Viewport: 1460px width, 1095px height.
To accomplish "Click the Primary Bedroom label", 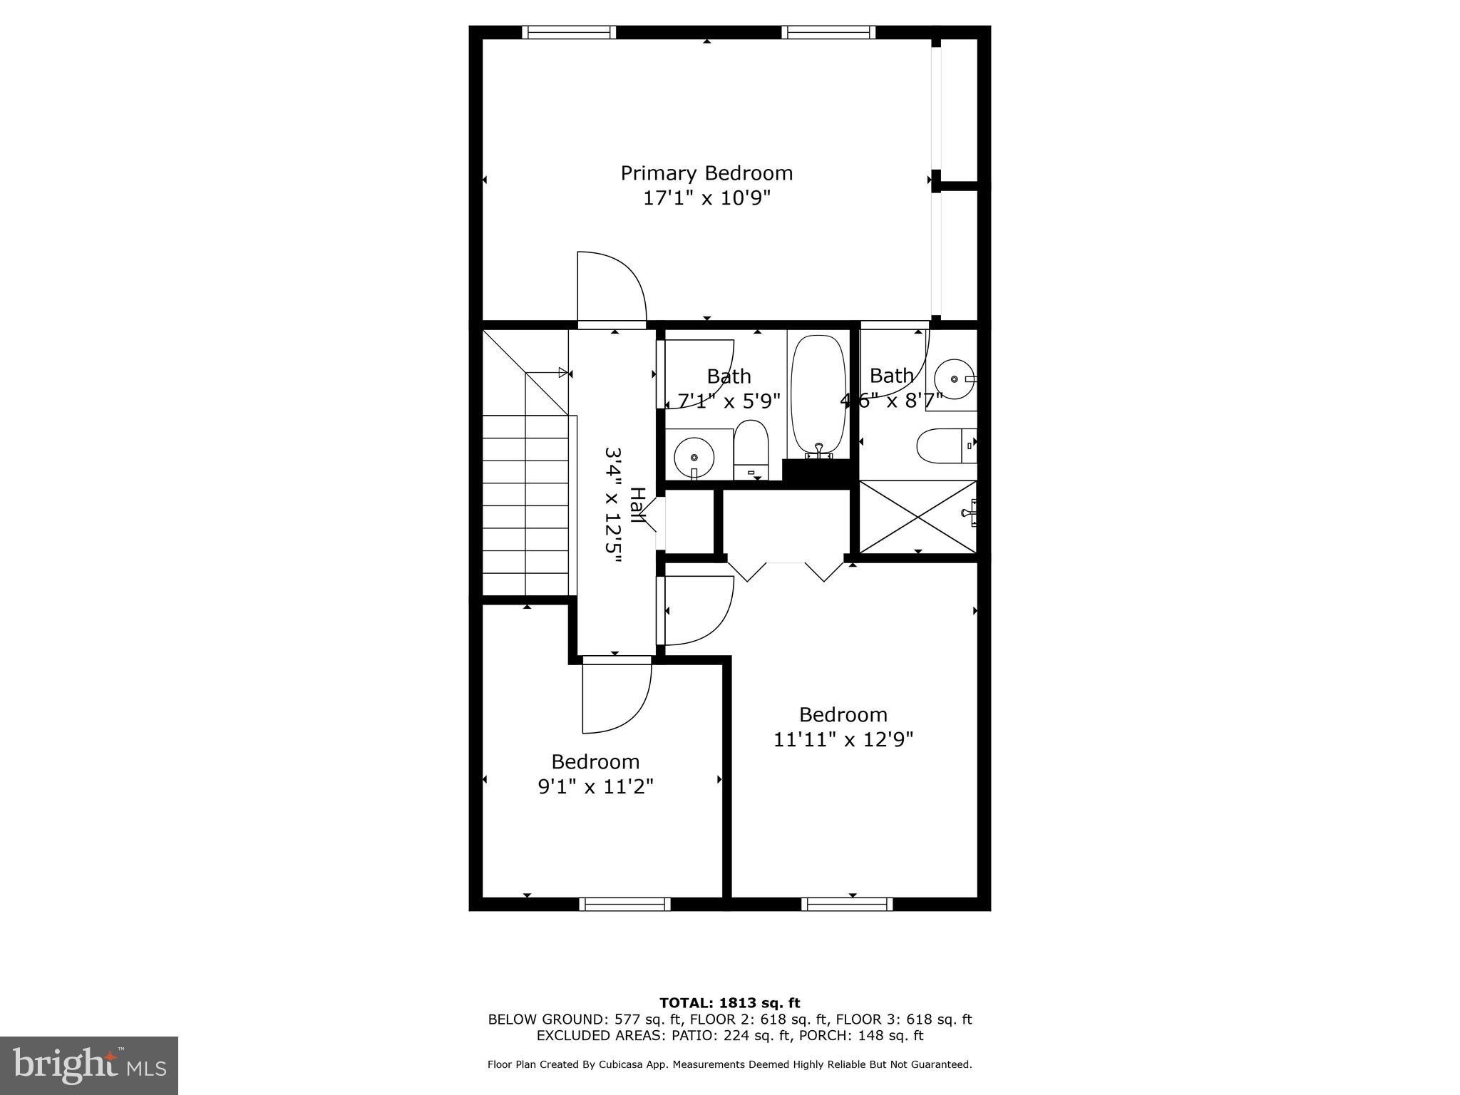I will click(706, 173).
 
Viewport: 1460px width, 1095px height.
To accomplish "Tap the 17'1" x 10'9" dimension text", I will click(706, 197).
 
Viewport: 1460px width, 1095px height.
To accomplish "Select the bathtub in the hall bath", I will click(818, 396).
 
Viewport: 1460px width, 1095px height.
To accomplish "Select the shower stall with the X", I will click(917, 517).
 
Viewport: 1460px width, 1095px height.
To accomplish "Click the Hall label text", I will click(637, 506).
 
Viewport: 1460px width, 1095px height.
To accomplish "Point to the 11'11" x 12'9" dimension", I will click(843, 739).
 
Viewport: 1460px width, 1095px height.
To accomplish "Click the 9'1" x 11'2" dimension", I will click(595, 786).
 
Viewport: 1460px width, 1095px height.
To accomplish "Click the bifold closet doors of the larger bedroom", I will click(785, 570).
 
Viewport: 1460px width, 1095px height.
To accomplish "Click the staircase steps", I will click(526, 506).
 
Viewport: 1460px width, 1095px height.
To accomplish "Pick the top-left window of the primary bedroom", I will click(568, 32).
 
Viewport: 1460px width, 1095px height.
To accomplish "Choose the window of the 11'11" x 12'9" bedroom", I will click(847, 904).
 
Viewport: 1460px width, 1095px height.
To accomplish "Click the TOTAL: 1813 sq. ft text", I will click(729, 1003).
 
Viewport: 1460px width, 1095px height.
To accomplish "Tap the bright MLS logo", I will click(89, 1065).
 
